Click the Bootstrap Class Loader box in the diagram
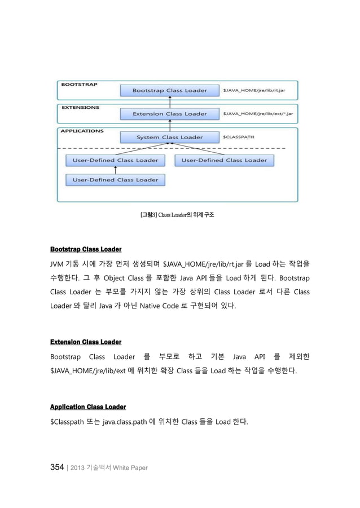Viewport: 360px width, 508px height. point(169,90)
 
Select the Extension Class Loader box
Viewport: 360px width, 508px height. point(169,114)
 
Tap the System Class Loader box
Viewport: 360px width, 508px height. point(169,137)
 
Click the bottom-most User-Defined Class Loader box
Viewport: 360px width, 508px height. point(116,180)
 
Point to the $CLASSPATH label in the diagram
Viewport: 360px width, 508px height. point(239,136)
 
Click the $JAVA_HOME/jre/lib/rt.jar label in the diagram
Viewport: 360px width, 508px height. point(257,90)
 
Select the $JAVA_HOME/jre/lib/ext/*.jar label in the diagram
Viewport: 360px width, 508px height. point(261,114)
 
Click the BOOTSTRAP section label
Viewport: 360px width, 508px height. point(79,85)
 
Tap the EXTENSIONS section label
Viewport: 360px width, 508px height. point(80,107)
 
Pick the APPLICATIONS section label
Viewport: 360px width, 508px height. point(82,131)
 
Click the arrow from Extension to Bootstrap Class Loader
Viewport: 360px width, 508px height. point(169,102)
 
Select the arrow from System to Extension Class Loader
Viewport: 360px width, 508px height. point(169,126)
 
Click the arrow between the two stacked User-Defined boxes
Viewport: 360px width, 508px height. point(116,170)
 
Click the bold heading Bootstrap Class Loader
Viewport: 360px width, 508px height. point(86,249)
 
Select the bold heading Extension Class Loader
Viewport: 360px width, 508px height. point(86,342)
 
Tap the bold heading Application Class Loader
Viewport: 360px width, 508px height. point(88,407)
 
